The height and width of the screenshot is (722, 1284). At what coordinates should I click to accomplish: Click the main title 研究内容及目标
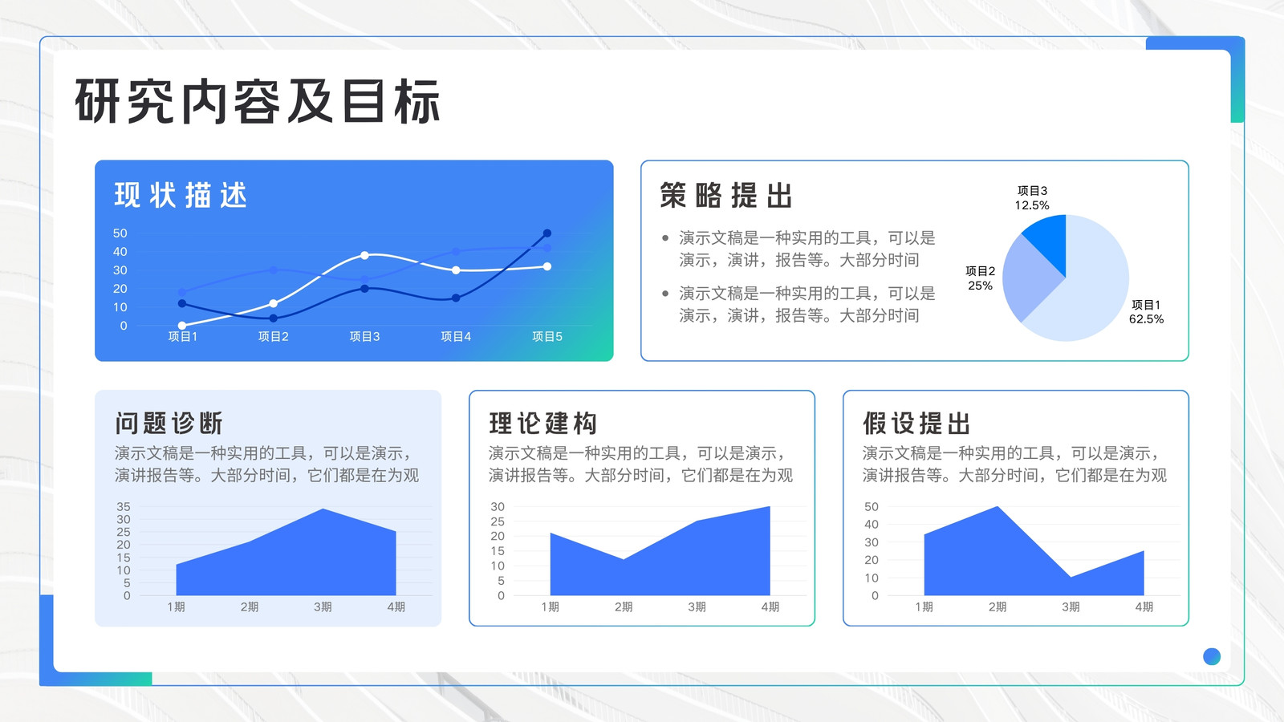(x=258, y=101)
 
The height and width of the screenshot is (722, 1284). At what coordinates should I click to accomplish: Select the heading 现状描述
(x=181, y=195)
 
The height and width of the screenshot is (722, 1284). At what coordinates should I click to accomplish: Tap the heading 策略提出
(x=726, y=196)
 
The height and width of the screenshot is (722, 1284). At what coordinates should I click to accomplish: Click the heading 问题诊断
(x=169, y=424)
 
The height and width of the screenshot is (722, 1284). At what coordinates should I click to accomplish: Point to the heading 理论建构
(x=542, y=424)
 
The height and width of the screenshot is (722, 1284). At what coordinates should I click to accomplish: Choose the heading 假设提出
(x=916, y=424)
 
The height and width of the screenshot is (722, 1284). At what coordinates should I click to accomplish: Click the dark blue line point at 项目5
(x=547, y=233)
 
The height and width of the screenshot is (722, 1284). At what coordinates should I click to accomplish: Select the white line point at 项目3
(x=364, y=255)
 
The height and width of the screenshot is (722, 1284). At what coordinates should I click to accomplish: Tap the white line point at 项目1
(x=182, y=326)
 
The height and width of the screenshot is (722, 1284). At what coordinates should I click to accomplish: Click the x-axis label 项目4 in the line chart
(x=456, y=336)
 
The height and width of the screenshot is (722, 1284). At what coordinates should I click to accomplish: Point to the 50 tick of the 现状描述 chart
(x=120, y=233)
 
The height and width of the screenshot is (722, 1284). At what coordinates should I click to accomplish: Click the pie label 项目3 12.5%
(x=1032, y=197)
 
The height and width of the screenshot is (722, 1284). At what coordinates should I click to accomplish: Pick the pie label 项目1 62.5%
(x=1147, y=312)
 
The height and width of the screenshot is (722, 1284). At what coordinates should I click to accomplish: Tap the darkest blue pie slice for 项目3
(x=1048, y=240)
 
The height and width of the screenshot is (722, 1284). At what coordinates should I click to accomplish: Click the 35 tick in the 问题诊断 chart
(x=124, y=506)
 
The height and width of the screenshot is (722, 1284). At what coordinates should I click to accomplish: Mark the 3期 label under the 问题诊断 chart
(x=323, y=606)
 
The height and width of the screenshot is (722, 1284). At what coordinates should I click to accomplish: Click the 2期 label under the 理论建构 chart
(x=624, y=606)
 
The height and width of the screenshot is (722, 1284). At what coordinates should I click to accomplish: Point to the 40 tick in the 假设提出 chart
(x=872, y=525)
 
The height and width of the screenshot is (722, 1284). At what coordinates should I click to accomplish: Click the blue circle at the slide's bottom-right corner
(x=1212, y=656)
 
